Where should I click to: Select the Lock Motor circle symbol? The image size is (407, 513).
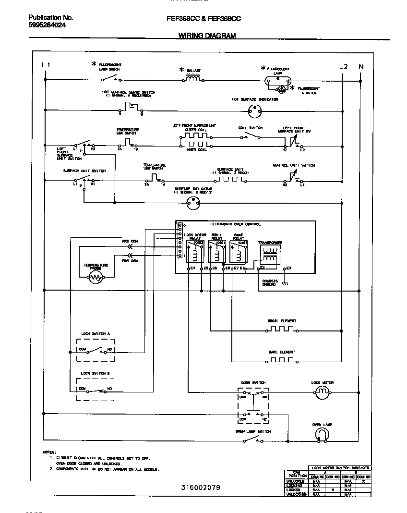click(x=322, y=393)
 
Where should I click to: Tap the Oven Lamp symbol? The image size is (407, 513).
click(x=322, y=434)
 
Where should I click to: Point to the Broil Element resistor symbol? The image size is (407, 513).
click(x=281, y=330)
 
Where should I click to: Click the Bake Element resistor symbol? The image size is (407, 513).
click(x=281, y=359)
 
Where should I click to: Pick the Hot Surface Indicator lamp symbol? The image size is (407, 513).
click(x=254, y=112)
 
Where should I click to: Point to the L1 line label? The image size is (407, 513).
click(x=46, y=65)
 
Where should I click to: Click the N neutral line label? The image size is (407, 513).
click(x=361, y=66)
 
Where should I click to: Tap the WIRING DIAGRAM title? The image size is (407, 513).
click(x=207, y=36)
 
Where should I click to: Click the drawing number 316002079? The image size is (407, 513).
click(x=201, y=487)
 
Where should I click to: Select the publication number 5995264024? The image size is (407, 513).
click(x=48, y=25)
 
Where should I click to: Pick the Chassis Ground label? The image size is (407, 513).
click(x=269, y=283)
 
